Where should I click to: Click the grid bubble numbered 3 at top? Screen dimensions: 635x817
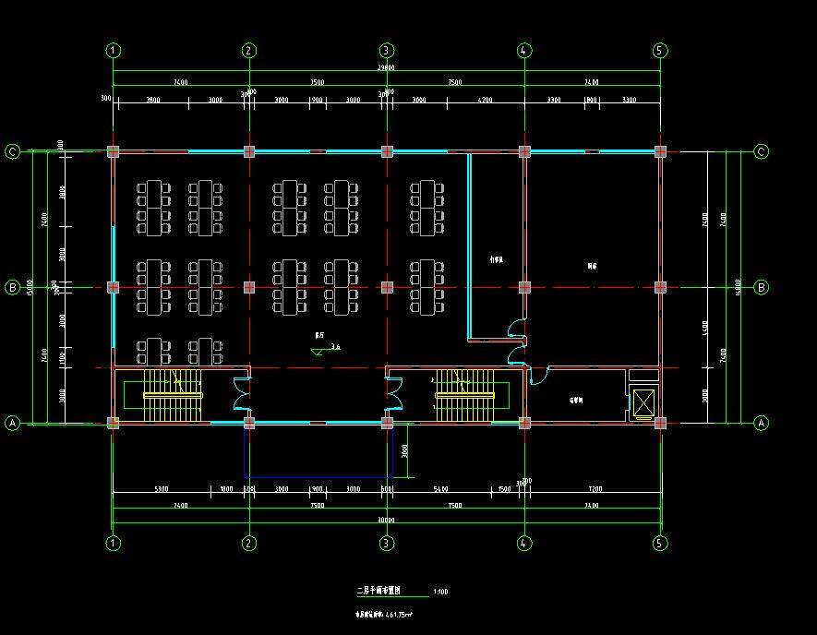(386, 50)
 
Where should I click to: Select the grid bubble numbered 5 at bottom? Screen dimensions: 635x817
(659, 543)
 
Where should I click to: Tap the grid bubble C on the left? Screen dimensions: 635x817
(13, 151)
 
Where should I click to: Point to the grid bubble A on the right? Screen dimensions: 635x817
(762, 423)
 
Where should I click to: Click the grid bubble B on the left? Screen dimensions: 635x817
(13, 287)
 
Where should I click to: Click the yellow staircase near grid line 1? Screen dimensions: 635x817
(173, 394)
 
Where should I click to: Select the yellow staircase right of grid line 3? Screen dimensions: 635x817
(464, 394)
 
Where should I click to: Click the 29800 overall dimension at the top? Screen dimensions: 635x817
(386, 68)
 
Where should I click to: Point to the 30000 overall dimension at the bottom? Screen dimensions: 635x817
(386, 520)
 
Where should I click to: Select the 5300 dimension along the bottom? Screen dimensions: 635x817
(162, 489)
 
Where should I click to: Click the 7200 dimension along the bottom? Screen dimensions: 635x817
(593, 489)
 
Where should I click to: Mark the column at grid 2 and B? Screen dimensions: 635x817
(248, 287)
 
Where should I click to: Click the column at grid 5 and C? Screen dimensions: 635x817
(659, 151)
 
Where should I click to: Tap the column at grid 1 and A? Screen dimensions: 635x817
(113, 423)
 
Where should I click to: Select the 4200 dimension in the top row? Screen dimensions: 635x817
(484, 100)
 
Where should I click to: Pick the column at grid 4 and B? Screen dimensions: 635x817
(523, 287)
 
